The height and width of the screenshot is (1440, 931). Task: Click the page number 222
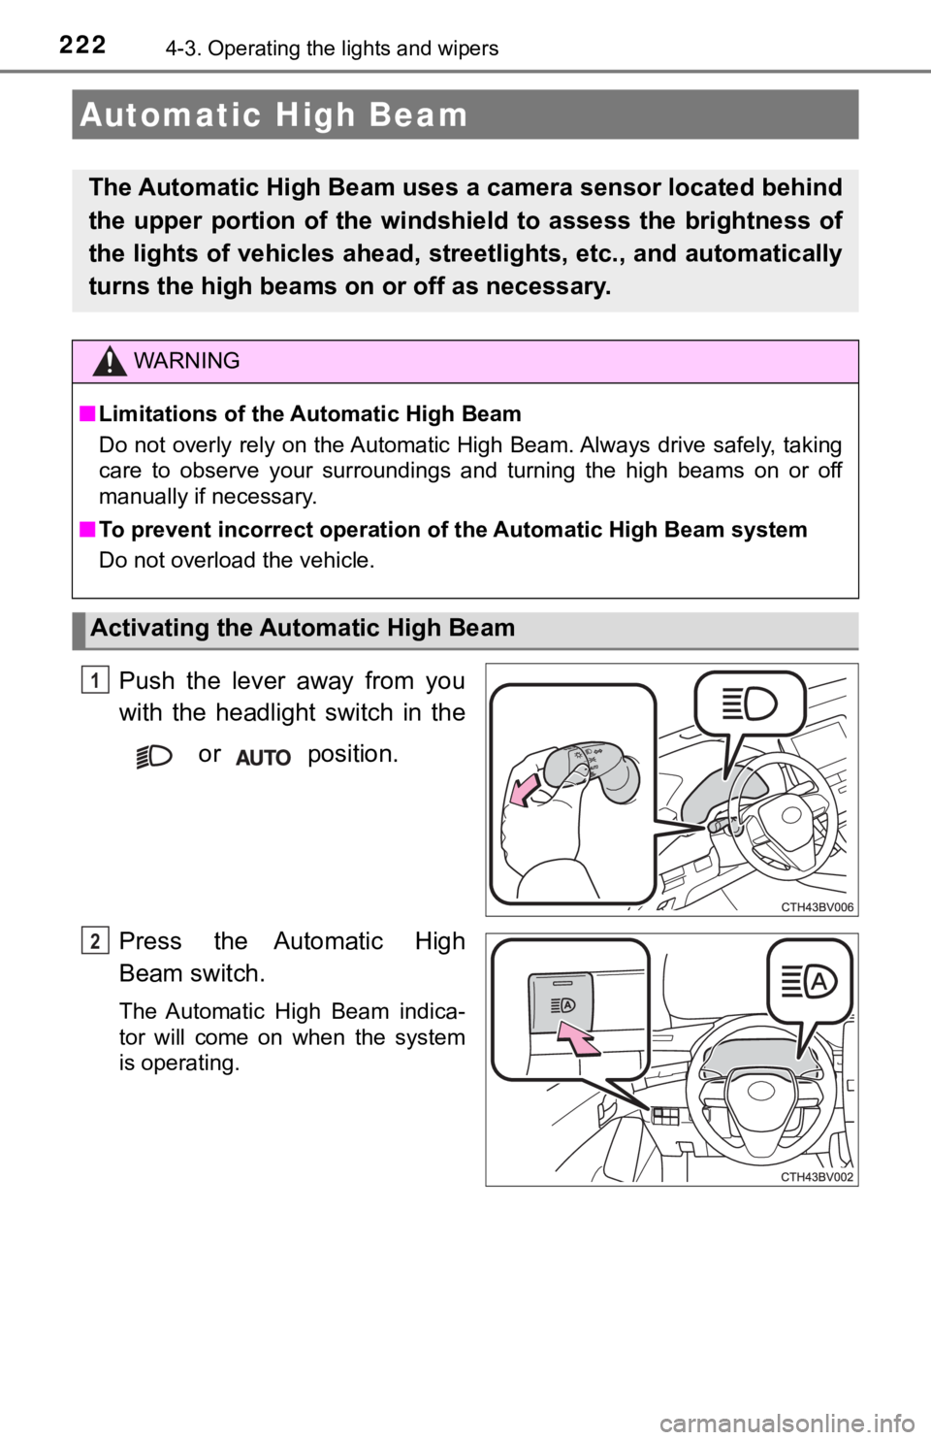pos(82,46)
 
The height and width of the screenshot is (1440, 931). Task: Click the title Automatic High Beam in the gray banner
pos(274,115)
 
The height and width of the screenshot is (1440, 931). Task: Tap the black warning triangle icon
pos(110,361)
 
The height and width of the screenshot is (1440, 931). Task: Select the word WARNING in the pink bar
pos(186,361)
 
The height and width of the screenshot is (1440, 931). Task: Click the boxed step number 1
pos(95,680)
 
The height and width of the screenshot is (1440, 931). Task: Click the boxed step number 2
pos(95,940)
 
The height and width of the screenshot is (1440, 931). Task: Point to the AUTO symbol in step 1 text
pos(264,758)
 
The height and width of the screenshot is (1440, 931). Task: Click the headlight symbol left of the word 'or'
pos(154,756)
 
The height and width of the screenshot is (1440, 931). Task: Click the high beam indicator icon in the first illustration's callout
pos(750,704)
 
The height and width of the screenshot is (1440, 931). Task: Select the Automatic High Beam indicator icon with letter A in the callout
pos(809,983)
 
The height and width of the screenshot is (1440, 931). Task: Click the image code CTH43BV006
pos(818,906)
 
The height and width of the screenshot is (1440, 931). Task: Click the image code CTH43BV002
pos(818,1177)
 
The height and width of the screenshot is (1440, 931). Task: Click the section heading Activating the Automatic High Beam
pos(303,628)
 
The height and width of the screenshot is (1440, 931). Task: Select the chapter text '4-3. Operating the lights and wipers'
pos(332,49)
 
